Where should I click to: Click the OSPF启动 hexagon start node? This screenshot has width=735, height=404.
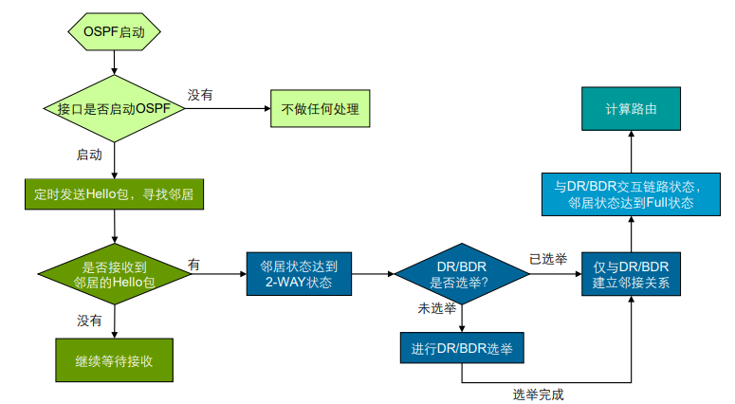coord(114,30)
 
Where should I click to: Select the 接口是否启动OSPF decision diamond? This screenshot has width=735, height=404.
coord(114,109)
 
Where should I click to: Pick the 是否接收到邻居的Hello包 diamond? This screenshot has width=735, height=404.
coord(114,274)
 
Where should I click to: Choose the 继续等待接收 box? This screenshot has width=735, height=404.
coord(114,360)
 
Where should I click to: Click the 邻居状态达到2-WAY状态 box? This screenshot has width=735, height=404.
coord(299,274)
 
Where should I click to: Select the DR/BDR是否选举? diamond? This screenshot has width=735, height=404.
coord(461,274)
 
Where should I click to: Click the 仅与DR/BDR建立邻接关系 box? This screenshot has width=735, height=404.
coord(631,274)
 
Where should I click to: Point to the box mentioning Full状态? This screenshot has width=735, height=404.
coord(631,194)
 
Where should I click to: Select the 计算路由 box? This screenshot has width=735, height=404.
coord(631,109)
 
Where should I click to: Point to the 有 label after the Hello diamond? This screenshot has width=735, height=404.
coord(193,263)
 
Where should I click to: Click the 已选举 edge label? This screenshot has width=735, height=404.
coord(547,259)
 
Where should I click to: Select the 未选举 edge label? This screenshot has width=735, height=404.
coord(437,309)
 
